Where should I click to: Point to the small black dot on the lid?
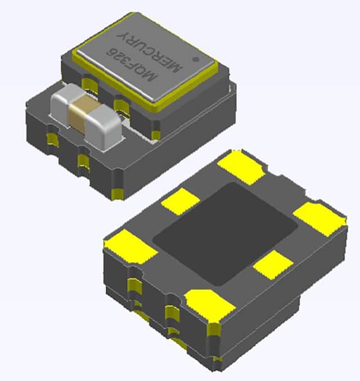click(x=195, y=57)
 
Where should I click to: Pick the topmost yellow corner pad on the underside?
click(x=241, y=167)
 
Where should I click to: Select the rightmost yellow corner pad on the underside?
click(x=319, y=217)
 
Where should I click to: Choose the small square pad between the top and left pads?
click(x=181, y=201)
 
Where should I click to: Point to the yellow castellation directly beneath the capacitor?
click(x=83, y=163)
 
